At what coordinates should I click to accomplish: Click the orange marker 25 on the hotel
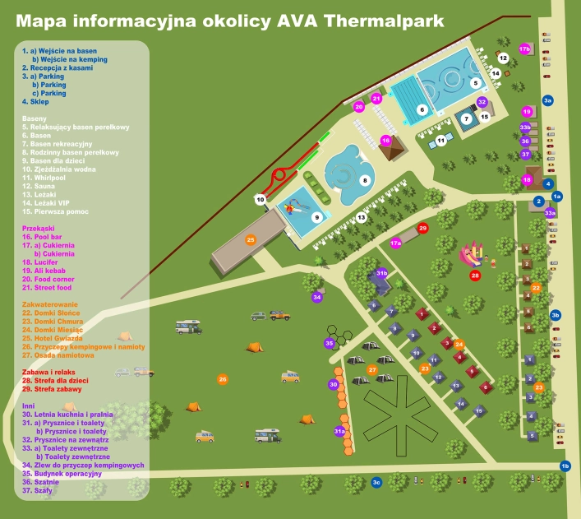coord(251,239)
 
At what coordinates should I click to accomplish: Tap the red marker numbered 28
coord(475,276)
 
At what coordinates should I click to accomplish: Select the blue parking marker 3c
coord(376,482)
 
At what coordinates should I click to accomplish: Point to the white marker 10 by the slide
coord(261,199)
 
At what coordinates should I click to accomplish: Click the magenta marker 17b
coord(525,49)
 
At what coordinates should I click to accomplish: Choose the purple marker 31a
coord(339,431)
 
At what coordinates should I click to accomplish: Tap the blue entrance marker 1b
coord(565,466)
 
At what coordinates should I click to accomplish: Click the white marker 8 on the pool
coord(365,180)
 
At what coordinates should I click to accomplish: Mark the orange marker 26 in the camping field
coord(222,379)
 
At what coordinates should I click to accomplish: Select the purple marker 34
coord(316,297)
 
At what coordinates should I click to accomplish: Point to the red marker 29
coord(423,228)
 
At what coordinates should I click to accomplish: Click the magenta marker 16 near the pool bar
coord(385,141)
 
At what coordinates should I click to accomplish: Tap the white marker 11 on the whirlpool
coord(441,141)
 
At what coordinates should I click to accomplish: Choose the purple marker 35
coord(330,343)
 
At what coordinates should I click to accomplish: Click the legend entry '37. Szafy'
coord(38,490)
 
